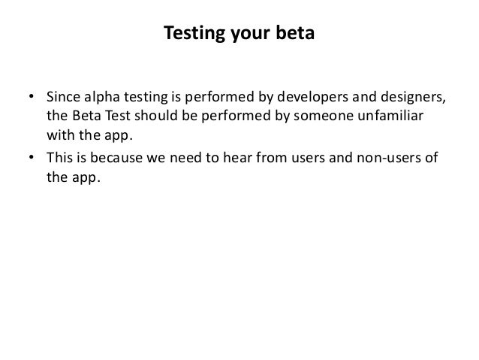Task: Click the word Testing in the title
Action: [x=188, y=35]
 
